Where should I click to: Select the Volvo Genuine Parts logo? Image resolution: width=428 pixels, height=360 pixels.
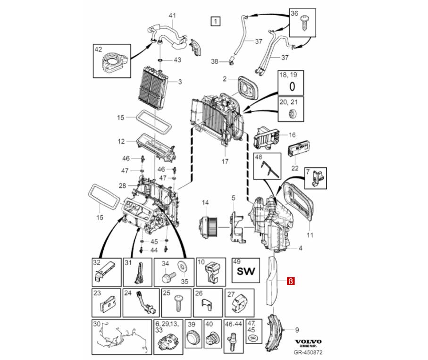308,343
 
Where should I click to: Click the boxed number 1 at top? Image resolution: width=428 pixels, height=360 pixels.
215,21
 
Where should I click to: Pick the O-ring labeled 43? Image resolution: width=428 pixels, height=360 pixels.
161,60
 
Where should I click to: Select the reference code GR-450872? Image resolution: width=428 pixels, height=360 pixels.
308,352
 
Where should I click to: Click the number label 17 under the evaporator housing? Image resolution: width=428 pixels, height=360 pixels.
225,161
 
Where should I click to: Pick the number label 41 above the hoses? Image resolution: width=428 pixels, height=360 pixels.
172,16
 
